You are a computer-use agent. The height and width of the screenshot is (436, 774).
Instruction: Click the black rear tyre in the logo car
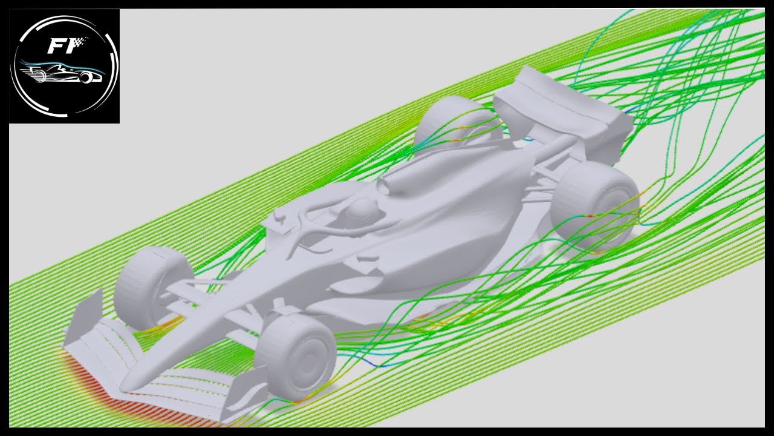coord(88,78)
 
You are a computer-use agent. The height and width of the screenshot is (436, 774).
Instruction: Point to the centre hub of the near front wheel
coord(311,357)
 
